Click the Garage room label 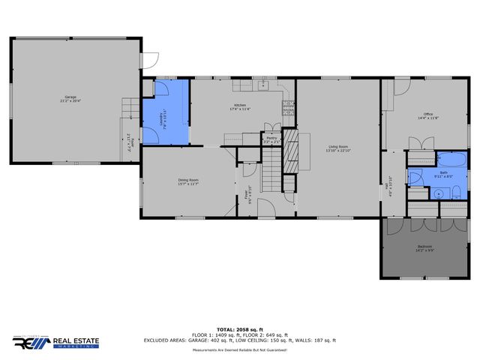(x=72, y=99)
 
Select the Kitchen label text (x=240, y=106)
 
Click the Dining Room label (x=187, y=181)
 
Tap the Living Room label (x=337, y=148)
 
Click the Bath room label (x=444, y=175)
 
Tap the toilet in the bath (x=415, y=177)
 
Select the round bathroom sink (x=439, y=192)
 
